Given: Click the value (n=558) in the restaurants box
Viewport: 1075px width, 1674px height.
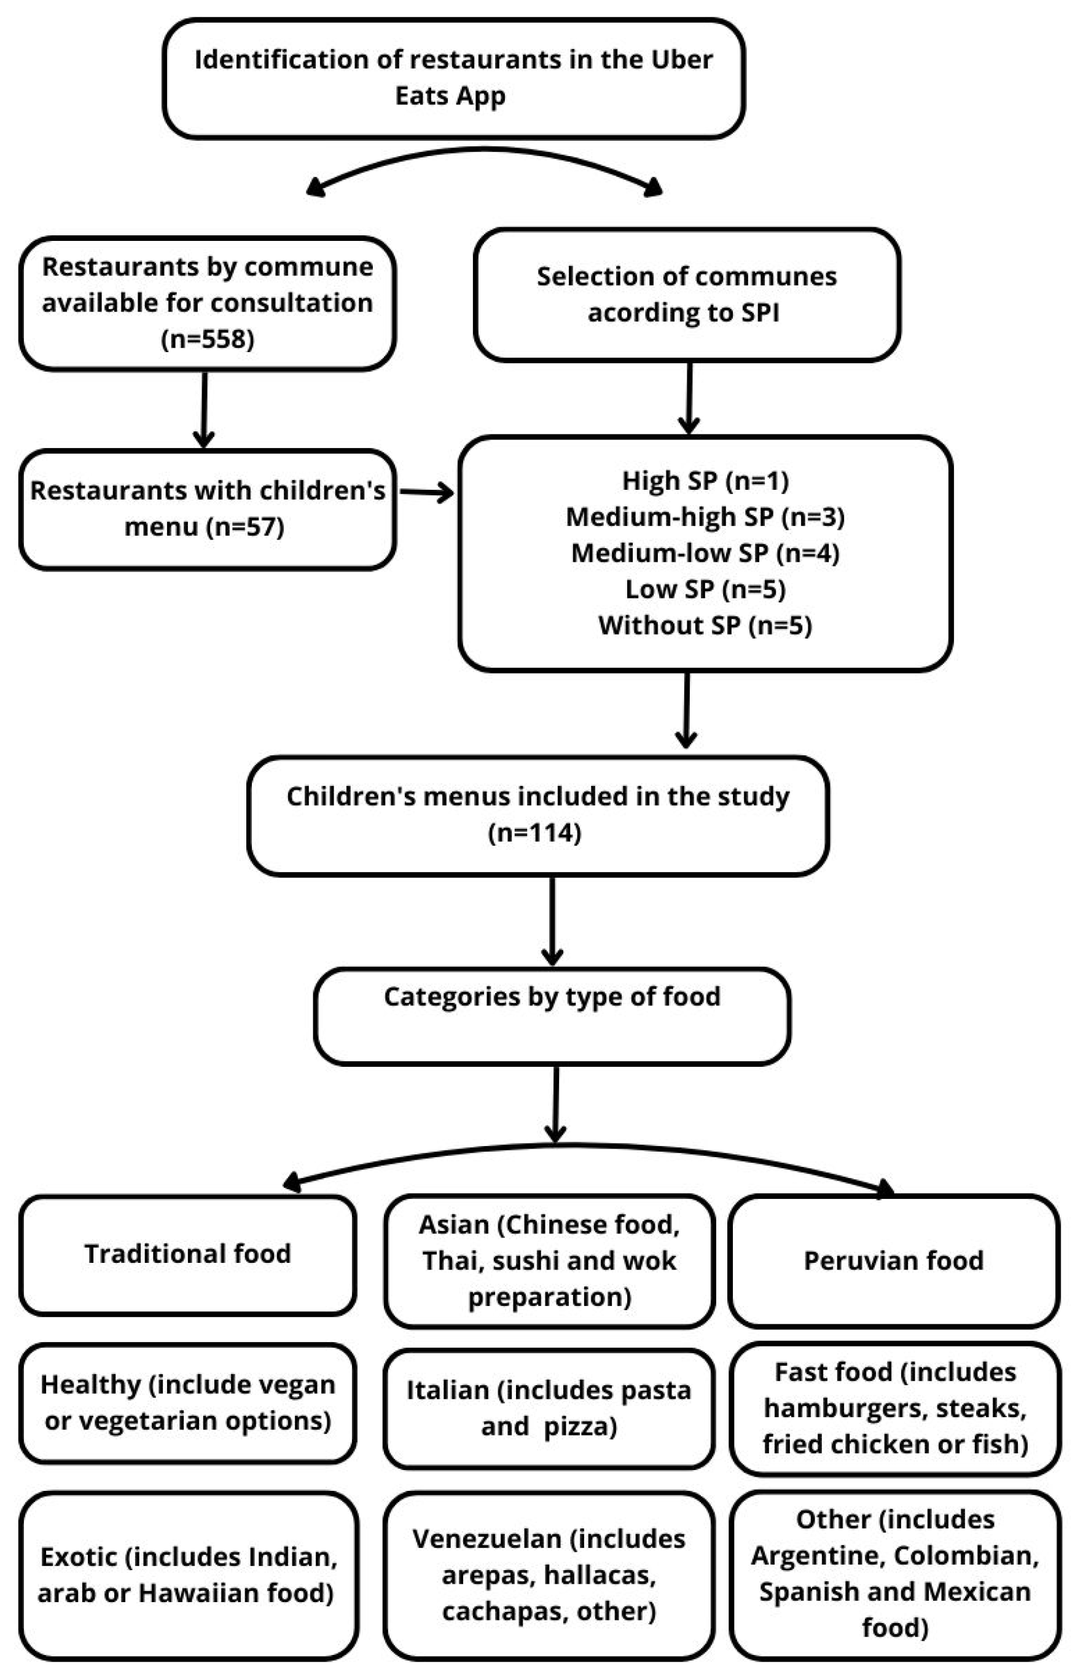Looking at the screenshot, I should (x=208, y=340).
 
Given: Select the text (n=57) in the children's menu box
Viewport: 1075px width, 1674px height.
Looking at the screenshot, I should (x=245, y=527).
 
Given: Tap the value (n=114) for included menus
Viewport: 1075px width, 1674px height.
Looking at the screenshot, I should (x=534, y=833).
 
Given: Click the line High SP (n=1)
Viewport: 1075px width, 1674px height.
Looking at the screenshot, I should (x=705, y=481).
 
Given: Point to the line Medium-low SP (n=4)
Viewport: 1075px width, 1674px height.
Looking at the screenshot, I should (x=705, y=553).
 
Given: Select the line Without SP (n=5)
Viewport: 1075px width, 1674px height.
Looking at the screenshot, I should (x=705, y=625).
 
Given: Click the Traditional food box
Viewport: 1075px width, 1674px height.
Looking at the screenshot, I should (x=188, y=1254).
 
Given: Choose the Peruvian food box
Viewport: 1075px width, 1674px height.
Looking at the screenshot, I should (x=894, y=1260).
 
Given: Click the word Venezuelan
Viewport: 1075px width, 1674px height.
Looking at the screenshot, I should (x=487, y=1539).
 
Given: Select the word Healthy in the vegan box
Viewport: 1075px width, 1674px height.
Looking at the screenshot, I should (x=90, y=1385).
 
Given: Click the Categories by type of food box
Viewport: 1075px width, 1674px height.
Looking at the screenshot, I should (x=552, y=1015).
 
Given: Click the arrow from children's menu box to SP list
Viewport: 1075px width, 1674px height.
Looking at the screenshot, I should (x=426, y=493).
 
